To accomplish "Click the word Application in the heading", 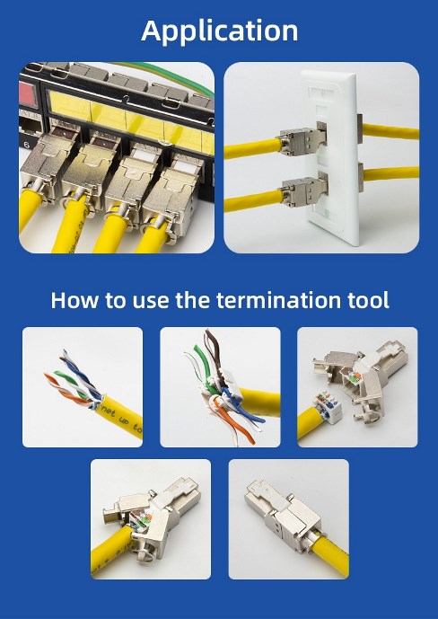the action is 219,31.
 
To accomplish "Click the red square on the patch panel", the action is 29,94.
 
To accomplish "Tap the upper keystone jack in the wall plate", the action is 302,138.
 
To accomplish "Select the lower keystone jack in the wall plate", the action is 304,190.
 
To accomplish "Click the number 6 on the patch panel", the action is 26,145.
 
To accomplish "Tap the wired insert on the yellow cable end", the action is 328,406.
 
